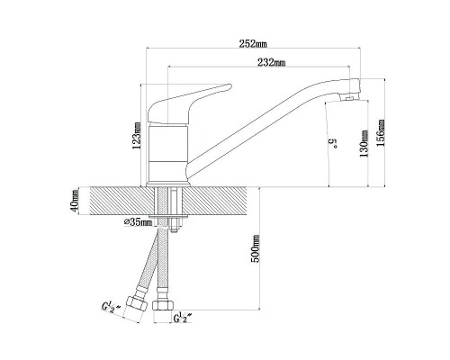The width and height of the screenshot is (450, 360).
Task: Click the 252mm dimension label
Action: pos(253,44)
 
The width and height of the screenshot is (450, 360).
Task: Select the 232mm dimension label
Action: pos(271,62)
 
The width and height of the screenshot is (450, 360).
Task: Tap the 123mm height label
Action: pos(138,136)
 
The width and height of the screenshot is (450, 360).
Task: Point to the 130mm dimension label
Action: pos(364,144)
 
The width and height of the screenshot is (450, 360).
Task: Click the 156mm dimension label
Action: pos(381,133)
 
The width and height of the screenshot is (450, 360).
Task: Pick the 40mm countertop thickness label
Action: pos(75,201)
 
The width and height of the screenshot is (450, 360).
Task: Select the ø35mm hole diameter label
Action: pos(138,222)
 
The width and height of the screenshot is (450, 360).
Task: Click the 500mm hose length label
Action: pos(256,248)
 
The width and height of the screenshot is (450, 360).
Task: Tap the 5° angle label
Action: pos(334,143)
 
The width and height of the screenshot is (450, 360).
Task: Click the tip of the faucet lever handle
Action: pos(230,86)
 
